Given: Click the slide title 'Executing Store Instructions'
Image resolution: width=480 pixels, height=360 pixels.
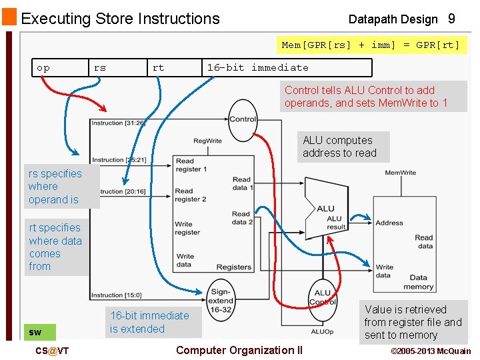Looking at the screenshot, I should point(120,19).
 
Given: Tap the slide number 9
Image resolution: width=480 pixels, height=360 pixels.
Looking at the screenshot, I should point(451,19).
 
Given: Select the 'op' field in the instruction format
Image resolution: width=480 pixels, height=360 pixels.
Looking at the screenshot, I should point(43,67).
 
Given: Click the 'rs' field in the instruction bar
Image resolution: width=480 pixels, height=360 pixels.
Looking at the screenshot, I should point(100,67).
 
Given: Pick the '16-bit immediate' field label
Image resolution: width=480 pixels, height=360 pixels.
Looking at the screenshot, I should point(257,67).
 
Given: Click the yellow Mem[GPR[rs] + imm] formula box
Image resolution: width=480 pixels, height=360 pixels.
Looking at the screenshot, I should point(371,45).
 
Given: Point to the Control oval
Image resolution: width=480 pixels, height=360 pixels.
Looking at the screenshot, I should point(243,119).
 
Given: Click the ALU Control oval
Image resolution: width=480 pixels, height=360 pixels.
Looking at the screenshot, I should point(323,297).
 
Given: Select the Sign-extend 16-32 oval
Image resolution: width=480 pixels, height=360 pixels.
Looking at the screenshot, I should point(221,301).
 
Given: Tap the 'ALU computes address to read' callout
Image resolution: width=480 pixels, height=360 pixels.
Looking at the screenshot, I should point(339,147).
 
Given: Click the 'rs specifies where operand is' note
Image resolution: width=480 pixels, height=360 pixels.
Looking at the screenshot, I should point(56,187).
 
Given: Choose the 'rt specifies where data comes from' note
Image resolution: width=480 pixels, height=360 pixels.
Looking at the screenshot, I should point(56,247).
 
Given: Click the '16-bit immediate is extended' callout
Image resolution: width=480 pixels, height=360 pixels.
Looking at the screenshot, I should point(149,322).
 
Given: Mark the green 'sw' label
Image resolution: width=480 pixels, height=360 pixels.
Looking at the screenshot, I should point(36,332).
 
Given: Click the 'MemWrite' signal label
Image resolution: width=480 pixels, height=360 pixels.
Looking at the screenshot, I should point(400,173).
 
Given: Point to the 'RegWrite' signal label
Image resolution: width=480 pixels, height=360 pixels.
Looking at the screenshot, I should point(207,141).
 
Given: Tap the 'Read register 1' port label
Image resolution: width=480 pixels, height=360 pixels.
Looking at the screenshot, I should point(191,165).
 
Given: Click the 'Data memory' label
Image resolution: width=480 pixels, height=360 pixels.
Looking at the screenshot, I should point(418,282).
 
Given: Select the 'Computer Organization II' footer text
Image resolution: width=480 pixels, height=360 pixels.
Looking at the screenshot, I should point(239,350).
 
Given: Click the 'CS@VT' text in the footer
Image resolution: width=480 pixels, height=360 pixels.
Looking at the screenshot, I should point(52,351).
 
